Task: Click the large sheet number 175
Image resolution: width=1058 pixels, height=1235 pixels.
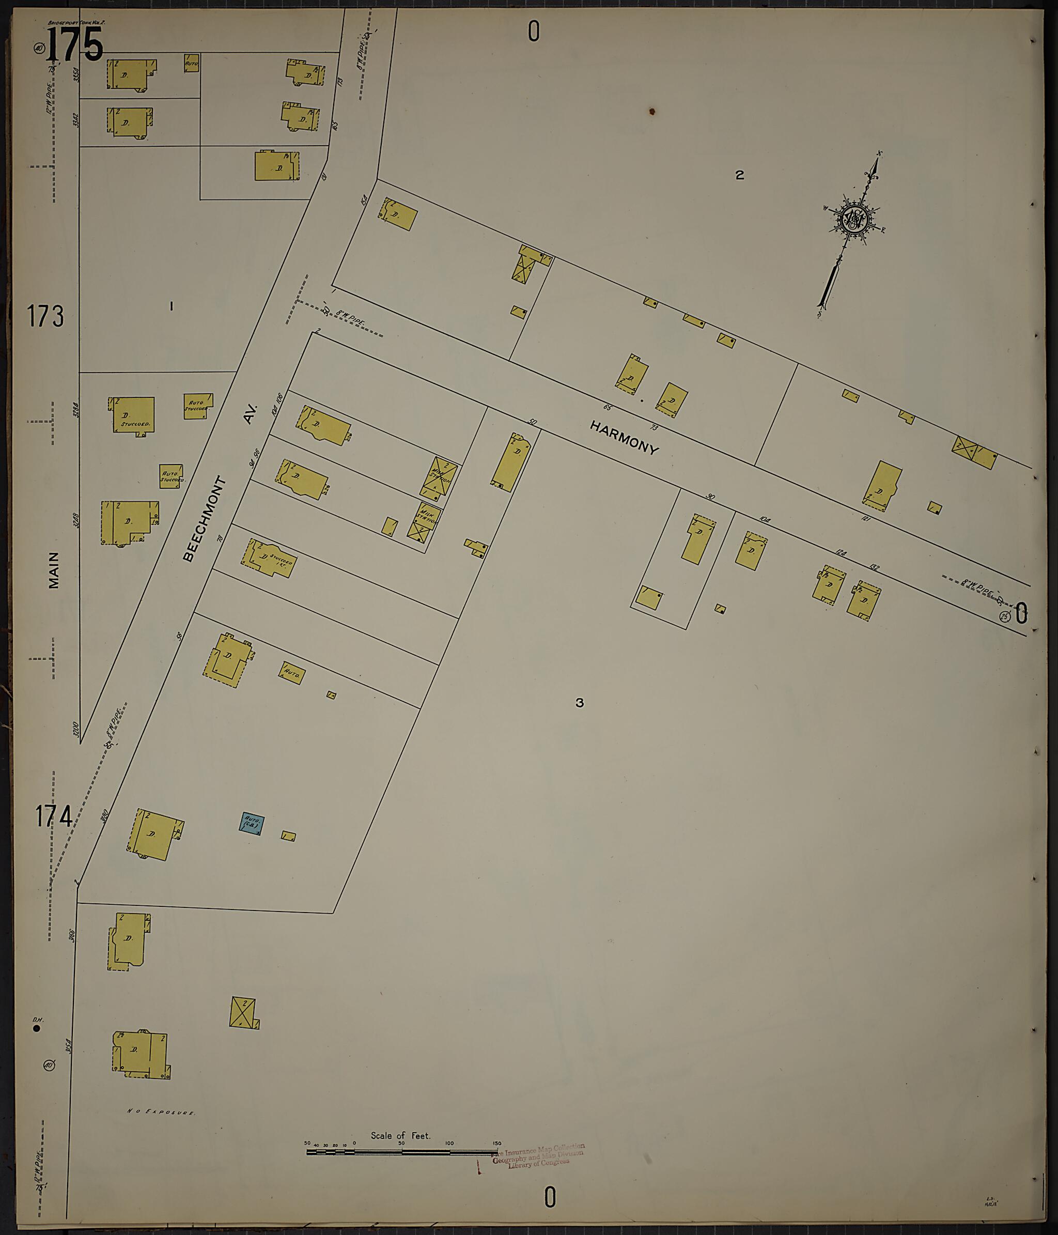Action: [x=74, y=45]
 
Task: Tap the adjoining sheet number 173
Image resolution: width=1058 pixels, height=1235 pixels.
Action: [x=45, y=316]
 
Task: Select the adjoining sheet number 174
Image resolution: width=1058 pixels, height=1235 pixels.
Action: [x=54, y=816]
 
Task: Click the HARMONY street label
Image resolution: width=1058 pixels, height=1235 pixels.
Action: [x=625, y=438]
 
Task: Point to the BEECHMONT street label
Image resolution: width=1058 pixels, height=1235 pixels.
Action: [x=205, y=519]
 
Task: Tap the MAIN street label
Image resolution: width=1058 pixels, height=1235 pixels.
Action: [x=54, y=570]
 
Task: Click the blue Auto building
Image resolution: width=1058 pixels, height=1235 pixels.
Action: [x=252, y=824]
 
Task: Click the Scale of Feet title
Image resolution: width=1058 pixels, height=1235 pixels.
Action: [x=400, y=1135]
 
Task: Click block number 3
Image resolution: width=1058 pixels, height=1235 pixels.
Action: [x=580, y=703]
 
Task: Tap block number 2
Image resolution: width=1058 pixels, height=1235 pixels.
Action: [x=739, y=175]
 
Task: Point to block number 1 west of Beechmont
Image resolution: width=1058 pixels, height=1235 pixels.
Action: [x=172, y=306]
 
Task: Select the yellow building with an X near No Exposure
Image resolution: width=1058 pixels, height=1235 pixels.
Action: [x=242, y=1012]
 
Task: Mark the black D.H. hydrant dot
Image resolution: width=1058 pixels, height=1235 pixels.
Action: [x=37, y=1028]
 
